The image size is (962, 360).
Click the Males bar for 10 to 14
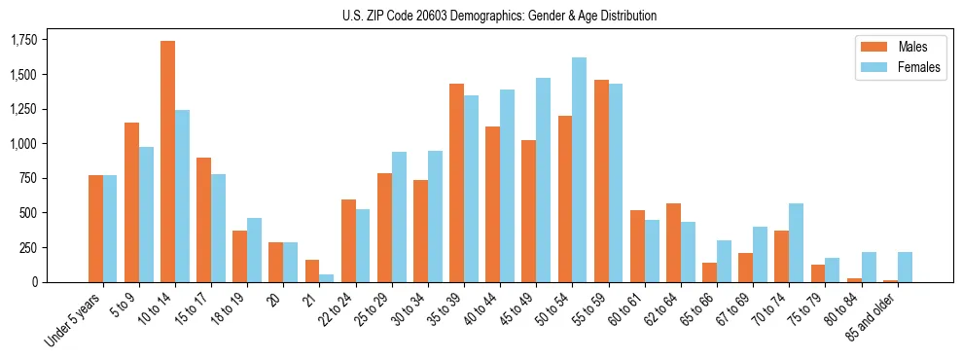168,162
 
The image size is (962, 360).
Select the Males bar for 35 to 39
456,183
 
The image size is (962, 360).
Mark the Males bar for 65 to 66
709,272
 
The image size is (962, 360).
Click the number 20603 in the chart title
447,16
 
